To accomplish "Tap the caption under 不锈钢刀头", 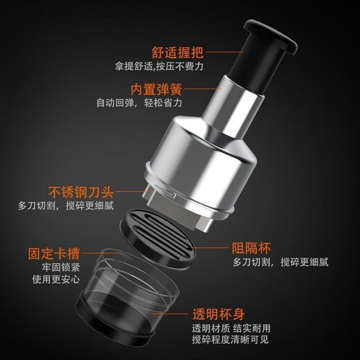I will pyautogui.click(x=66, y=206).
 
